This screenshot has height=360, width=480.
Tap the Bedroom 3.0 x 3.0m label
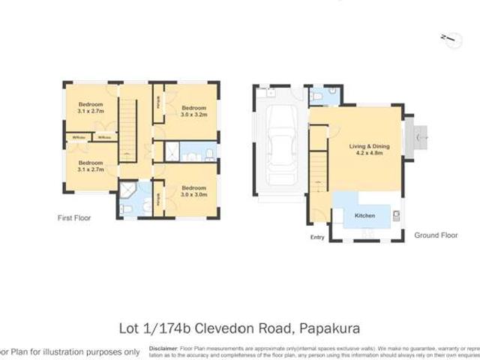pyautogui.click(x=192, y=190)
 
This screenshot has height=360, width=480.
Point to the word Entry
pyautogui.click(x=318, y=238)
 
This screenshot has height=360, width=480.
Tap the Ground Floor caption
pyautogui.click(x=436, y=235)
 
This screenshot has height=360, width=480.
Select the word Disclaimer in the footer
pyautogui.click(x=163, y=348)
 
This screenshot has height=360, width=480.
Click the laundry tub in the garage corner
pyautogui.click(x=263, y=93)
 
